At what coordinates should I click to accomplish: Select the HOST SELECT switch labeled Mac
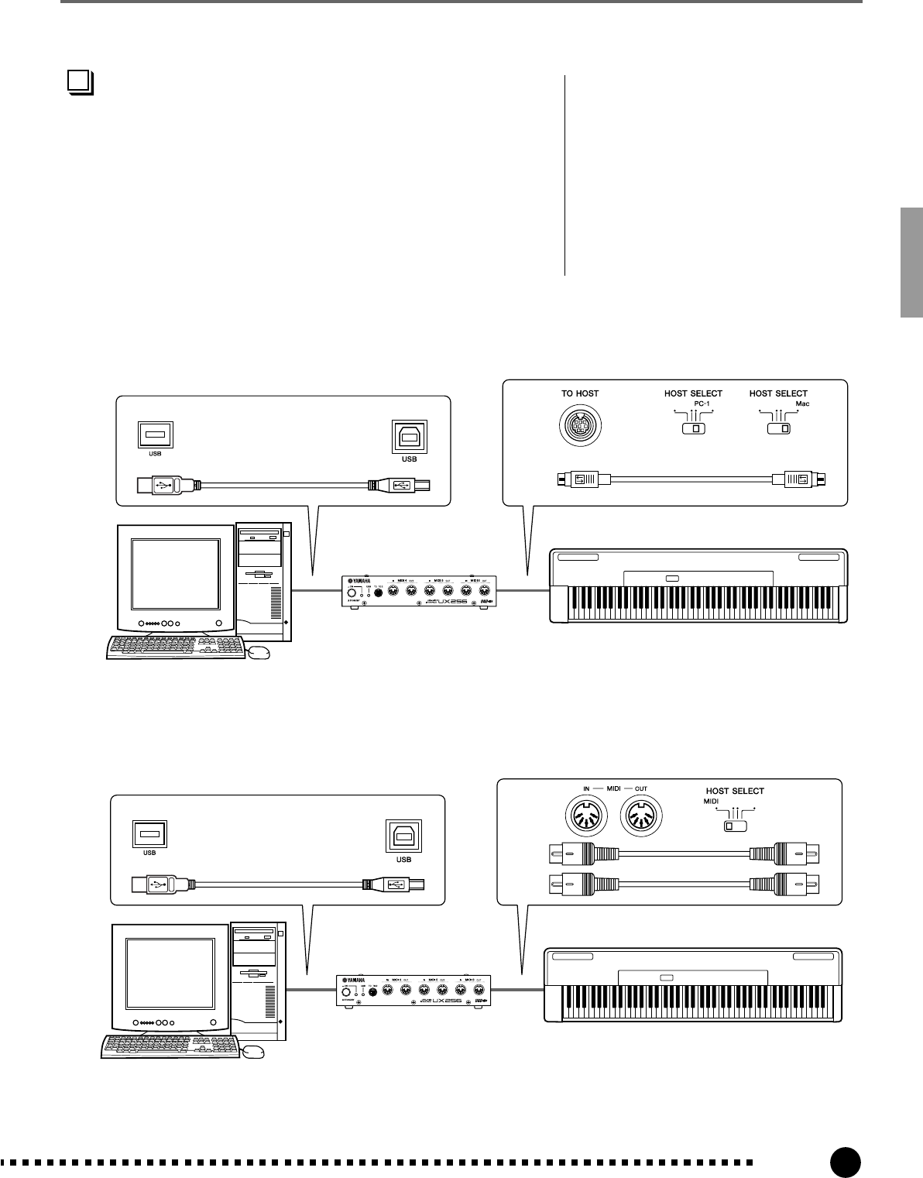pos(778,428)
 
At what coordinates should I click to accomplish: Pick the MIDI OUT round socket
pos(640,819)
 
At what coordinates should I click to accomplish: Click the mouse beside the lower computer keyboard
pos(252,1051)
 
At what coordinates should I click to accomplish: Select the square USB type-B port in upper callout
pos(410,437)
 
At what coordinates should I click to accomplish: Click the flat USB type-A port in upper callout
pos(155,434)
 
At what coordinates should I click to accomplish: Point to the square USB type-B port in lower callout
pos(404,835)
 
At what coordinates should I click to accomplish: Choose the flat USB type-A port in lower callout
pos(150,833)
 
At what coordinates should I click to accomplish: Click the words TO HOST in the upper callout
pos(580,393)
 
